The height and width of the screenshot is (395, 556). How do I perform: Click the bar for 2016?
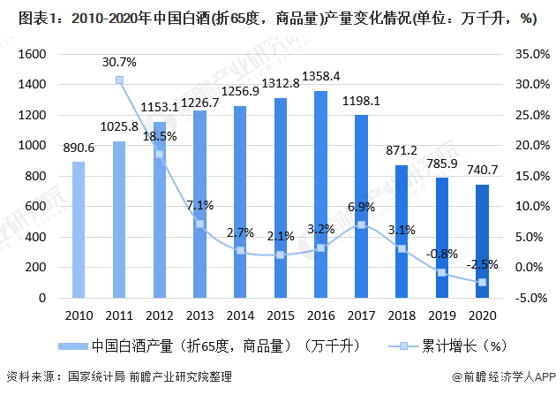point(320,194)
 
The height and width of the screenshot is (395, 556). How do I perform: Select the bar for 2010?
point(79,230)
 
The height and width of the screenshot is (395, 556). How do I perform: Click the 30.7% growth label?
point(119,62)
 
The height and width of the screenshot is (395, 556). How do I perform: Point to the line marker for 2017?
point(361,224)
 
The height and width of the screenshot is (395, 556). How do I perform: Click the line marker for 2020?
point(482,282)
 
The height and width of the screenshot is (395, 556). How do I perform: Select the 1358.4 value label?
point(320,77)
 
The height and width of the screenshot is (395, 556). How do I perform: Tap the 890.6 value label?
point(79,148)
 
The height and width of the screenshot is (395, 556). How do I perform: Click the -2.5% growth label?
point(482,263)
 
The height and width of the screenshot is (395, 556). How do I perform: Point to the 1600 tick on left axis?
point(32,54)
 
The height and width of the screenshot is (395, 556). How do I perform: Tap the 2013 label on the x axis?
point(199,315)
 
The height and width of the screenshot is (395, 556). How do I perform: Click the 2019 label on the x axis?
point(441,315)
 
